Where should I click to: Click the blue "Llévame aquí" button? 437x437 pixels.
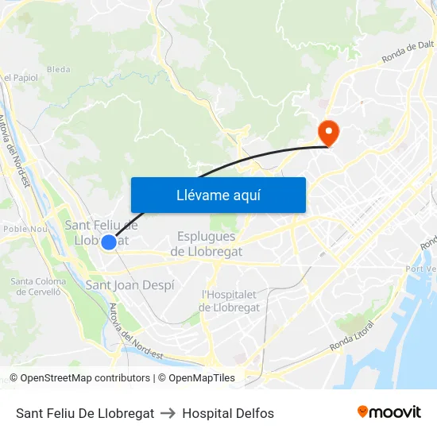pos(218,195)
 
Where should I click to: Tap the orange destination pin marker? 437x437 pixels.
pos(327,130)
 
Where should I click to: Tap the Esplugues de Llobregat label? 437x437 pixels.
pos(207,244)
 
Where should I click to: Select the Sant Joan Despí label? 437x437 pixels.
pos(130,284)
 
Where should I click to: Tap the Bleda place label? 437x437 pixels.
pos(58,69)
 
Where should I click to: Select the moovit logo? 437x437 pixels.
pos(389,412)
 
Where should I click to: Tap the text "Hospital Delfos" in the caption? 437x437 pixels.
pos(228,413)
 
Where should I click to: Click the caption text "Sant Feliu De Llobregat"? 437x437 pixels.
pos(85,413)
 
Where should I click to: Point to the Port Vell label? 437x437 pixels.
pos(421,269)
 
